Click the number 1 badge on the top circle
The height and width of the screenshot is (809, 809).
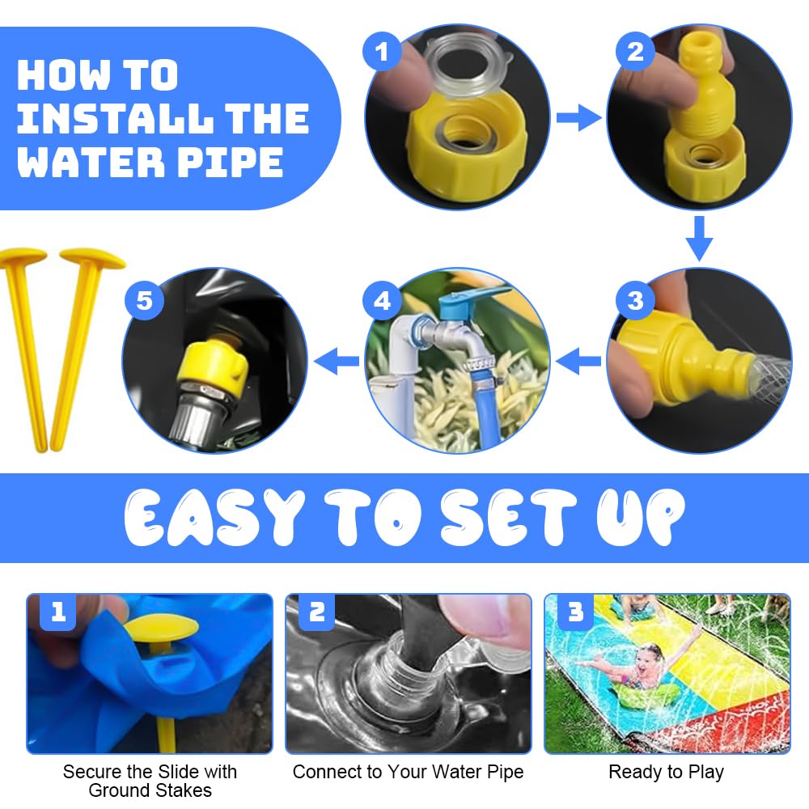pyautogui.click(x=382, y=51)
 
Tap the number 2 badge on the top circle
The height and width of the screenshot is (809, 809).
pyautogui.click(x=636, y=51)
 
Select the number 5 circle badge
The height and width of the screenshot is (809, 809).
pyautogui.click(x=145, y=300)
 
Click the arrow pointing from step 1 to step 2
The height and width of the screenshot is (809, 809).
pyautogui.click(x=579, y=117)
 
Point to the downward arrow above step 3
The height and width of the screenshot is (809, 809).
pyautogui.click(x=699, y=239)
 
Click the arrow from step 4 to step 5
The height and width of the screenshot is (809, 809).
pyautogui.click(x=337, y=360)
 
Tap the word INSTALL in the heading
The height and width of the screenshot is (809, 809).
pyautogui.click(x=115, y=119)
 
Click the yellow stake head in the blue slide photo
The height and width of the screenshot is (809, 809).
pyautogui.click(x=161, y=628)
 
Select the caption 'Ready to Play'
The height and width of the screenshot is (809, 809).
pyautogui.click(x=666, y=772)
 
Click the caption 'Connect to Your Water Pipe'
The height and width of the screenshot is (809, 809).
pyautogui.click(x=408, y=772)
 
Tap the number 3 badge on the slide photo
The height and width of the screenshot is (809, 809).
pyautogui.click(x=575, y=612)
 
